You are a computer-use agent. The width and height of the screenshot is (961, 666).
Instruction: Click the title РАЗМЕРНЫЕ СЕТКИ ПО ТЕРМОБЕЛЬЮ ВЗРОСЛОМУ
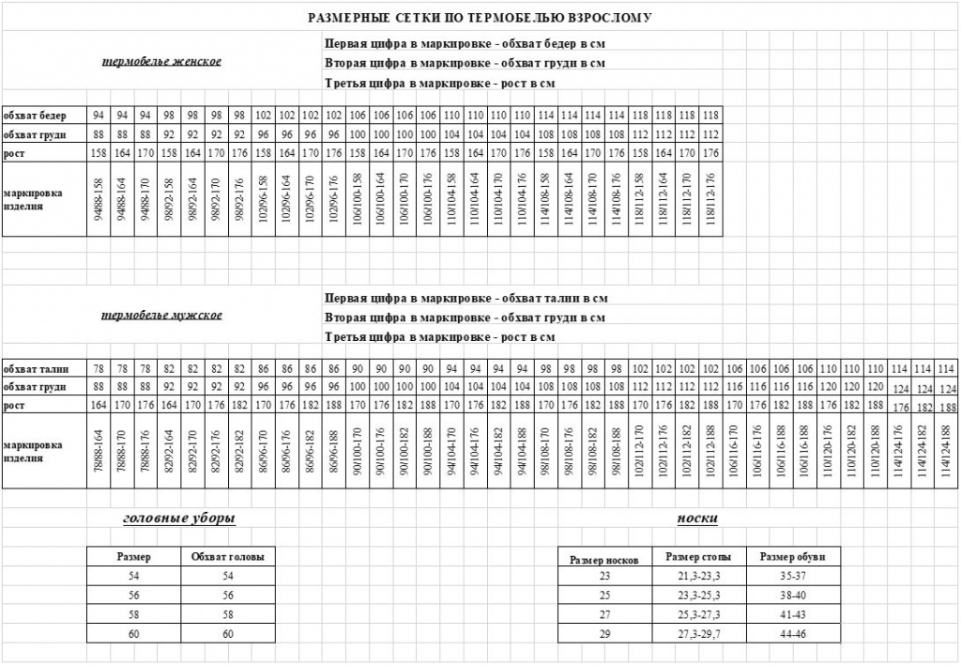(480, 18)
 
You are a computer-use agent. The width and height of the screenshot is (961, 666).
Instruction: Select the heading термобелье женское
(161, 62)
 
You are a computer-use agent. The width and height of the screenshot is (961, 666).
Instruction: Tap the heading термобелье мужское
(161, 316)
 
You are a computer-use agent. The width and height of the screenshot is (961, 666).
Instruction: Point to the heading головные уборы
(179, 519)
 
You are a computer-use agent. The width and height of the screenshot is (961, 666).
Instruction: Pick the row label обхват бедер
(34, 115)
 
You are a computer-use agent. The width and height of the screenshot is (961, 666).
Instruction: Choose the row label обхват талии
(34, 368)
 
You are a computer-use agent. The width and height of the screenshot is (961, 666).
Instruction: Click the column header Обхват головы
(227, 556)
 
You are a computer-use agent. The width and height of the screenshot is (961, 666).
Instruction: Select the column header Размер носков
(604, 560)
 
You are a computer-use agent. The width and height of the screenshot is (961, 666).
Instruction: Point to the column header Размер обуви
(793, 556)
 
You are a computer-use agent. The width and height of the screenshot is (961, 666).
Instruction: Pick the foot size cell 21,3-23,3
(698, 576)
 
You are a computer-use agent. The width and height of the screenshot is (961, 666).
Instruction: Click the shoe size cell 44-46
(793, 635)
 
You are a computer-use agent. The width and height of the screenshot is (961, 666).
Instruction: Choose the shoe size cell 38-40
(793, 596)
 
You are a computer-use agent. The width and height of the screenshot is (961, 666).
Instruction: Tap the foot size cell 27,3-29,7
(698, 635)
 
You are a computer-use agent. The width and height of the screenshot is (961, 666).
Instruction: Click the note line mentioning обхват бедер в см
(464, 44)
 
